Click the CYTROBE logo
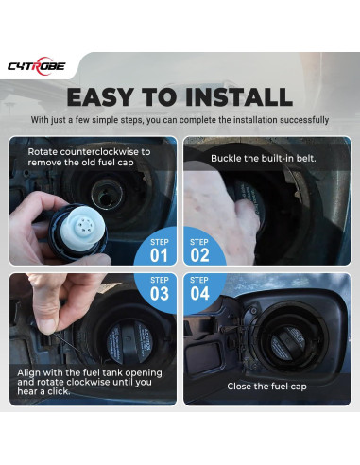pos(37,66)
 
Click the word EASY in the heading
pos(99,96)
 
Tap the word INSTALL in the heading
pos(239,96)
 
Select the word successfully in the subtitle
pos(304,120)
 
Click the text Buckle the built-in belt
pos(264,158)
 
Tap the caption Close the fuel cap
pos(266,387)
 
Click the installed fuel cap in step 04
pos(287,343)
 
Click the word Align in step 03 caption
pos(28,373)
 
